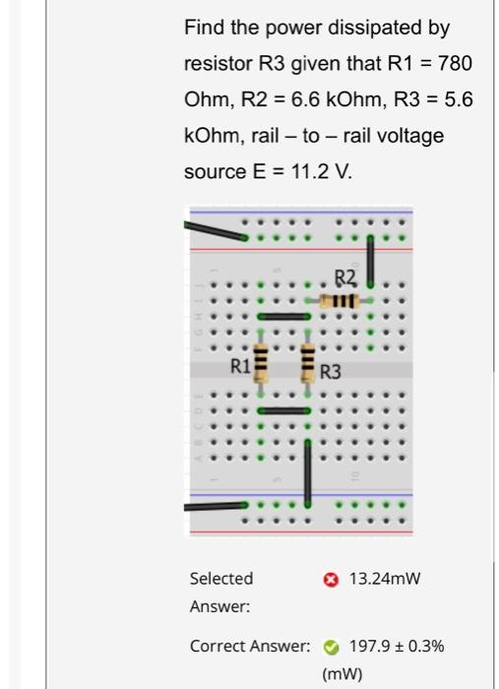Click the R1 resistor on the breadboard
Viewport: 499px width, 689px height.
click(x=261, y=364)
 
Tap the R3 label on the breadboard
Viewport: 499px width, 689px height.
click(x=331, y=372)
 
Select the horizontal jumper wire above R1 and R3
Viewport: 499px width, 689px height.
click(x=284, y=317)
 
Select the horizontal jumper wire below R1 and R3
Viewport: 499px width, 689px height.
click(x=284, y=410)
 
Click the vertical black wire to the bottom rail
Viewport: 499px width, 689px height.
click(x=308, y=472)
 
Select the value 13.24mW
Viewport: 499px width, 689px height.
click(x=385, y=579)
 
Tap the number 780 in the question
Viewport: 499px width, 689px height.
click(x=455, y=64)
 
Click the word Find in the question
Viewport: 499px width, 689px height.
click(x=202, y=29)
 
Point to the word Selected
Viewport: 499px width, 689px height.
click(x=221, y=579)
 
